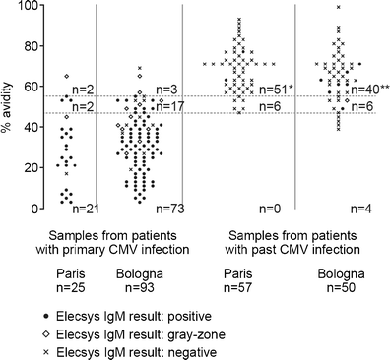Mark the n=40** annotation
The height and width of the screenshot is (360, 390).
[x=369, y=90]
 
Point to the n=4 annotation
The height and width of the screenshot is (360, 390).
[x=360, y=208]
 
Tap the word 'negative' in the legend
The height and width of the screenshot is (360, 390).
[x=198, y=351]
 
